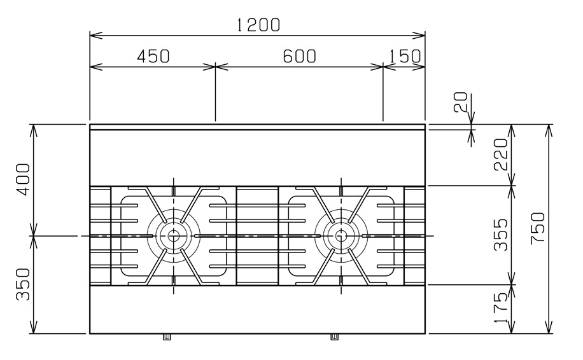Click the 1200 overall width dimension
(x=258, y=25)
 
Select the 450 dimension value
(x=153, y=56)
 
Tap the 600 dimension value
(x=299, y=56)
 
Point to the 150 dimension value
(x=405, y=56)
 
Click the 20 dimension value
(x=460, y=102)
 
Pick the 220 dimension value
(x=500, y=155)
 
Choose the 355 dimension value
(x=500, y=235)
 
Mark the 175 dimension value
(x=500, y=308)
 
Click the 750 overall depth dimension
(x=538, y=228)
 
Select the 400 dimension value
(x=23, y=179)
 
